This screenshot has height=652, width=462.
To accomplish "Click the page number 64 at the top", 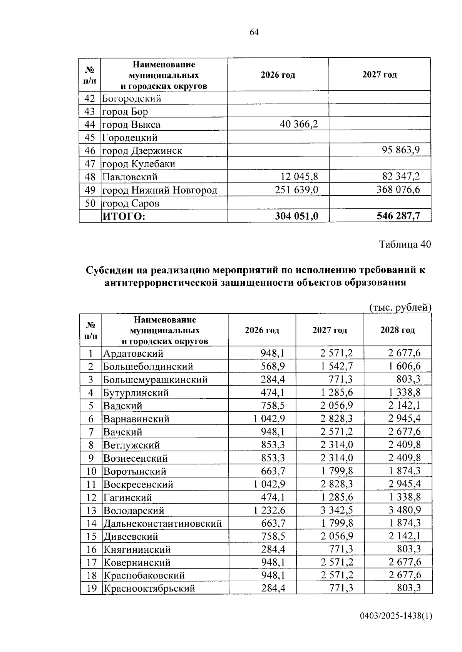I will (254, 32).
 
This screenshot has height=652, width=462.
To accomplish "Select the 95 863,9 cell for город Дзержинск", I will (401, 150).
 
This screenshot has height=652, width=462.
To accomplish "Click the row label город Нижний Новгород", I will (159, 190).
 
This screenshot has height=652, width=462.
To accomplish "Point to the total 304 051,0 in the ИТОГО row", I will (296, 216).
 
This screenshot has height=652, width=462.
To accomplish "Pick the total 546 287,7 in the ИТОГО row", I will (398, 216).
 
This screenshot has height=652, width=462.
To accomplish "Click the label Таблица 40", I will (405, 244).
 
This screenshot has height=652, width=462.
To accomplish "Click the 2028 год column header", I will (398, 330).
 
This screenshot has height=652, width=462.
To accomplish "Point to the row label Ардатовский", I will (133, 353).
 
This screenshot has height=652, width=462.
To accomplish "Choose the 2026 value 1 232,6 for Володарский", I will (269, 510).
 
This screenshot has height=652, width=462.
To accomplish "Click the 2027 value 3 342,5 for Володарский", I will (337, 510).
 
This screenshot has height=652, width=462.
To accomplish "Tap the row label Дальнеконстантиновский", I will (162, 523).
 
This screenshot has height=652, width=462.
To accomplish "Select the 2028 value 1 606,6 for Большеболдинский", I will (404, 366).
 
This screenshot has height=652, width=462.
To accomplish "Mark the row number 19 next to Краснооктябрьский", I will (91, 588).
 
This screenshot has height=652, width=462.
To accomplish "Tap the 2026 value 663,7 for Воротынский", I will (273, 471).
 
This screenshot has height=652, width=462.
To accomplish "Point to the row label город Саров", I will (131, 203).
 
